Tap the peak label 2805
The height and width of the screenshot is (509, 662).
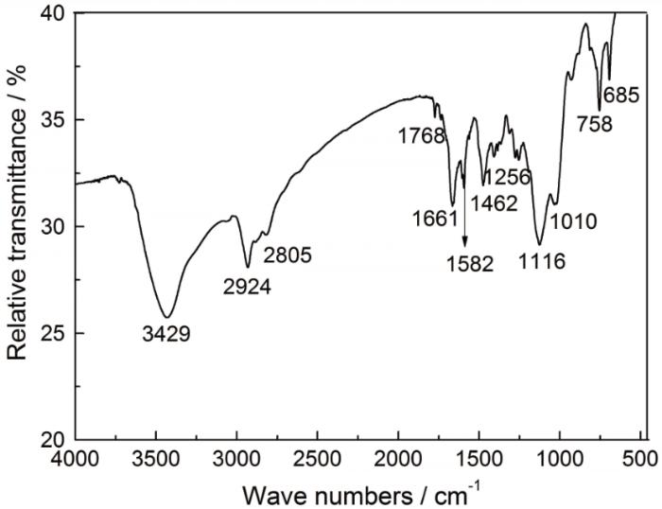click(x=287, y=254)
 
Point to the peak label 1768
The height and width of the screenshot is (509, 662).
click(x=421, y=136)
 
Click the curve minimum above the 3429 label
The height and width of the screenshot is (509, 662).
click(x=166, y=317)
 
